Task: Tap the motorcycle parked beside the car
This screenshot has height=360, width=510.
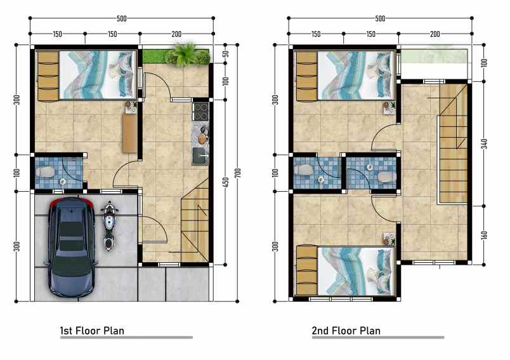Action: pyautogui.click(x=108, y=225)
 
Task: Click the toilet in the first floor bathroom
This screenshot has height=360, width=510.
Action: pyautogui.click(x=46, y=172)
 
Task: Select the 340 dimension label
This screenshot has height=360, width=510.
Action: pyautogui.click(x=483, y=142)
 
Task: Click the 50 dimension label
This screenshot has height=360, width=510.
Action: pyautogui.click(x=225, y=55)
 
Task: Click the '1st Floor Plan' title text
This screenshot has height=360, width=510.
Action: pyautogui.click(x=92, y=330)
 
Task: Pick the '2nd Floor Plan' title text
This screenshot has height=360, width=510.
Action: pyautogui.click(x=346, y=330)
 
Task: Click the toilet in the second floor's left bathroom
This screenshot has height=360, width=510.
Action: pyautogui.click(x=305, y=171)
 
